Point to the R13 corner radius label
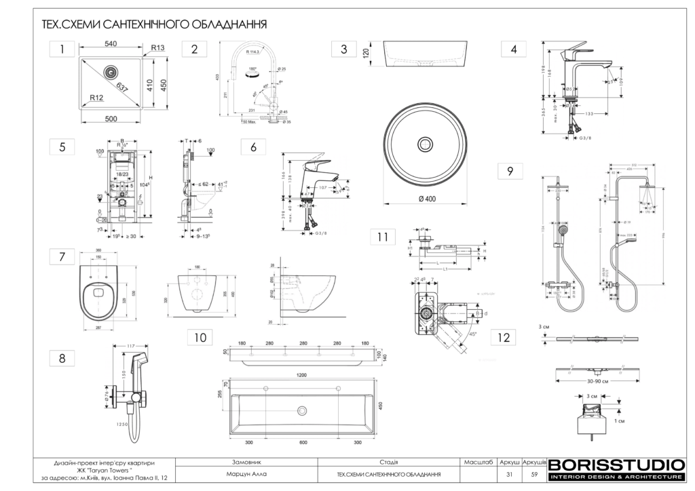tap(158, 47)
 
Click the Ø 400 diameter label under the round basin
tap(426, 197)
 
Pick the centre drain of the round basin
tap(426, 143)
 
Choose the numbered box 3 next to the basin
tap(344, 49)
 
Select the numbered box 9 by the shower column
tap(509, 172)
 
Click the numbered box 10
tap(199, 336)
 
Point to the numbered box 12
tap(503, 336)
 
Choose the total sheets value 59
tap(534, 473)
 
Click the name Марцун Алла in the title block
tap(242, 473)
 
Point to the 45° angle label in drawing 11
tap(471, 334)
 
